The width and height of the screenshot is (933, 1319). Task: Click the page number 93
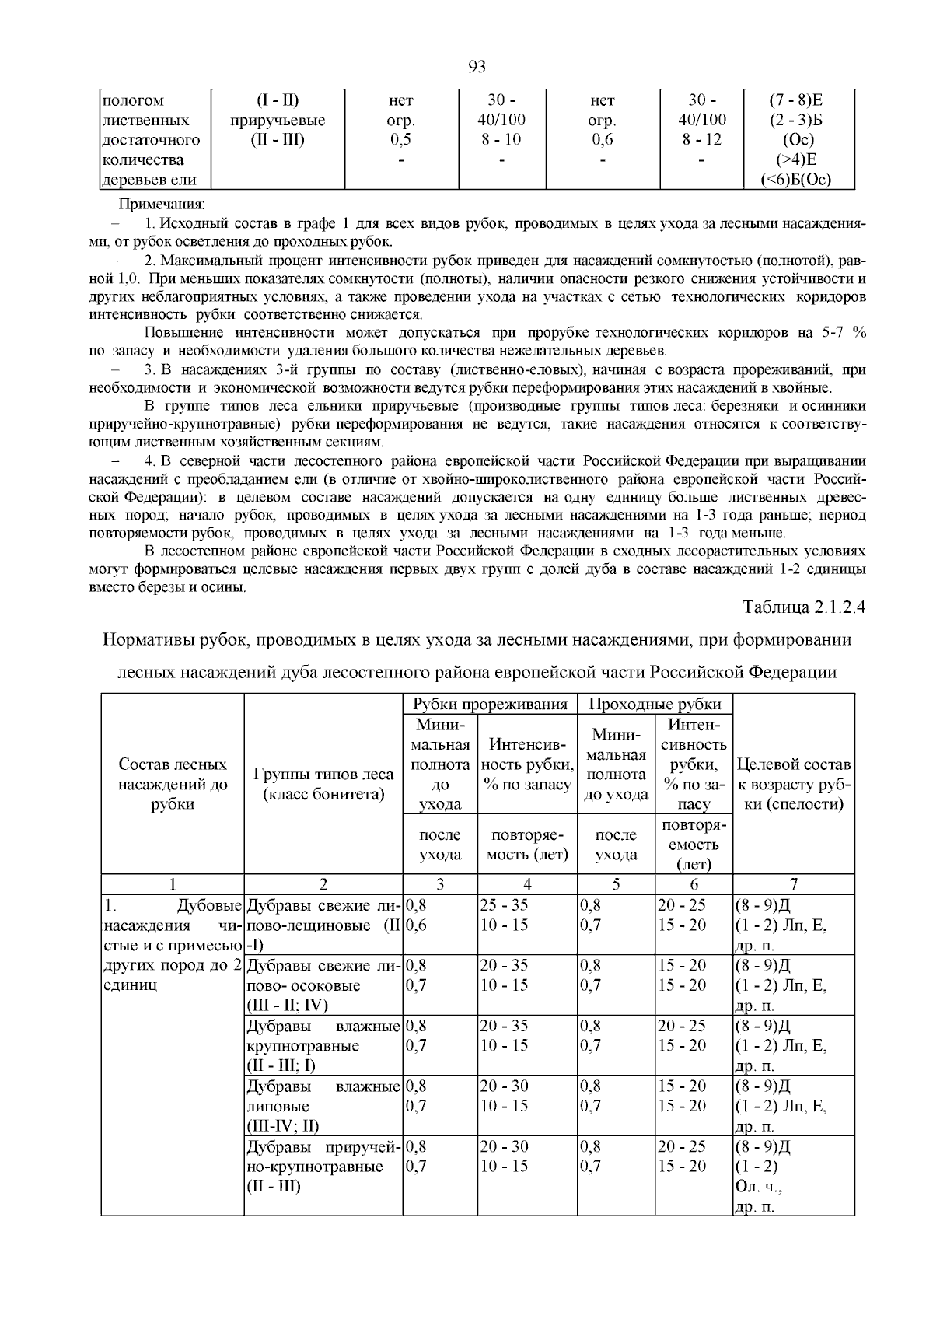(x=477, y=67)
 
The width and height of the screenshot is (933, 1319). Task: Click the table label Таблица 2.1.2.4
(x=804, y=607)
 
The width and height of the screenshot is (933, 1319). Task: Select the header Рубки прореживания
(x=490, y=704)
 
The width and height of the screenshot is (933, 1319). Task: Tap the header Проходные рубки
(x=655, y=704)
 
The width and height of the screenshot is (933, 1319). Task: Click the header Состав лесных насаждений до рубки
(x=173, y=784)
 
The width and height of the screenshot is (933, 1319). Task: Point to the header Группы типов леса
(x=323, y=775)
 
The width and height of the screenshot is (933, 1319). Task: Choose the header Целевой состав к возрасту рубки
(x=793, y=784)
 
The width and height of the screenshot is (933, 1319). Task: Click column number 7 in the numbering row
(x=793, y=883)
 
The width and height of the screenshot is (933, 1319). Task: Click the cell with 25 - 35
(x=504, y=905)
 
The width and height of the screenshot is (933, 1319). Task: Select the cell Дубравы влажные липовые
(x=323, y=1105)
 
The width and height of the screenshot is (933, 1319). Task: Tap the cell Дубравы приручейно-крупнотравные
(x=323, y=1166)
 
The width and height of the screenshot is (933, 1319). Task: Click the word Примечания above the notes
(x=161, y=205)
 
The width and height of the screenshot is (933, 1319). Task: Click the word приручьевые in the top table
(x=278, y=121)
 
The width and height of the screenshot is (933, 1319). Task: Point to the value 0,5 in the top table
(x=400, y=140)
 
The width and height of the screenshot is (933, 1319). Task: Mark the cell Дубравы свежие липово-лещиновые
(x=323, y=925)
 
